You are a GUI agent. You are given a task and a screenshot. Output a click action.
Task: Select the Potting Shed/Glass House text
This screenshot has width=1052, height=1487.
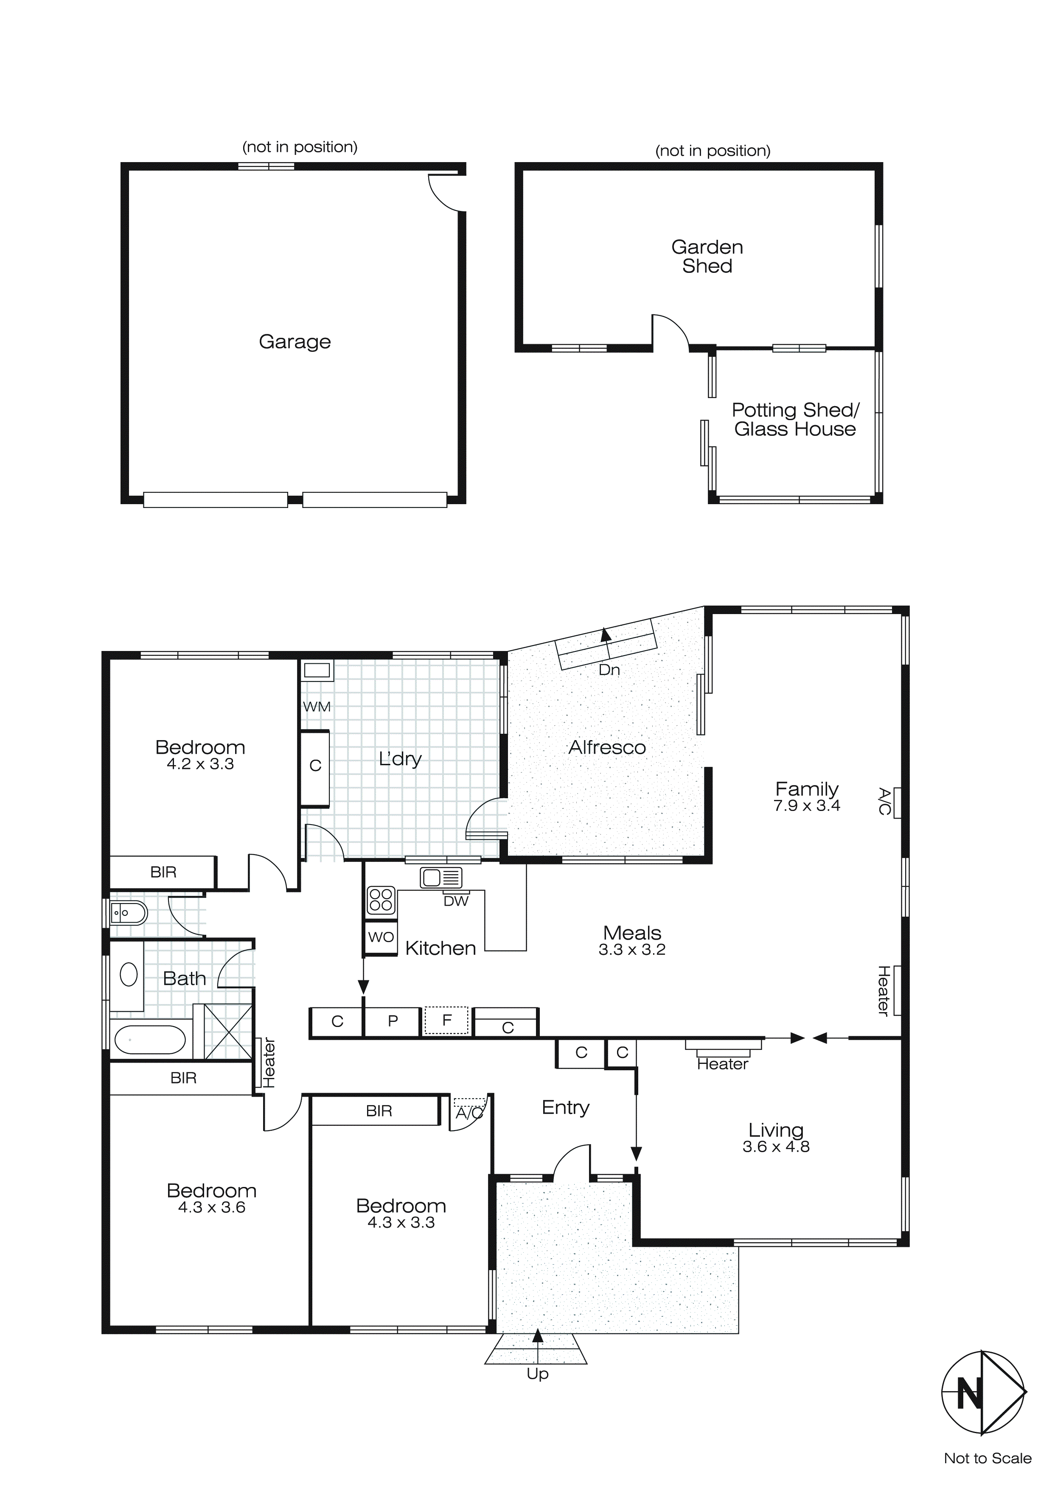(x=795, y=420)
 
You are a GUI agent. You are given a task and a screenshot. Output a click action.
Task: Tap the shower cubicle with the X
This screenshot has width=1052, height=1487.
(x=228, y=1031)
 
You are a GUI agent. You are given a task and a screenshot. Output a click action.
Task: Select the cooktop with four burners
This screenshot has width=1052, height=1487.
(x=381, y=900)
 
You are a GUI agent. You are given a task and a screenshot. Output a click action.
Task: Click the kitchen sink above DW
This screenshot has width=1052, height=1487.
(x=441, y=878)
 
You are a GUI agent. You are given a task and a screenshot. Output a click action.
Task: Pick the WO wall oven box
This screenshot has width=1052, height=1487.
(x=381, y=937)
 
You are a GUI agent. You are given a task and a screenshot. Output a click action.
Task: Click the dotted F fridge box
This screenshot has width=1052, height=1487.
(x=446, y=1021)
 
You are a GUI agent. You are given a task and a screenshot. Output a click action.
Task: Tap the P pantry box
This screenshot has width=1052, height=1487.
(x=393, y=1021)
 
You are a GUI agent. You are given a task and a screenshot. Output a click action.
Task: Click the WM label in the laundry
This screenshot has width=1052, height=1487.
(x=317, y=707)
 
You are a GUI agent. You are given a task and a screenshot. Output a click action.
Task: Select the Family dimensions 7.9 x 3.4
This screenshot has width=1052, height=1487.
(x=806, y=806)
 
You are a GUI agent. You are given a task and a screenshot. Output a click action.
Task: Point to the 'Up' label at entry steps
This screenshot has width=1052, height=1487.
(x=538, y=1374)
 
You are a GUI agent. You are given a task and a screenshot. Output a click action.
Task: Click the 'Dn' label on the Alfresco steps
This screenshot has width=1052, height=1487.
(x=609, y=670)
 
